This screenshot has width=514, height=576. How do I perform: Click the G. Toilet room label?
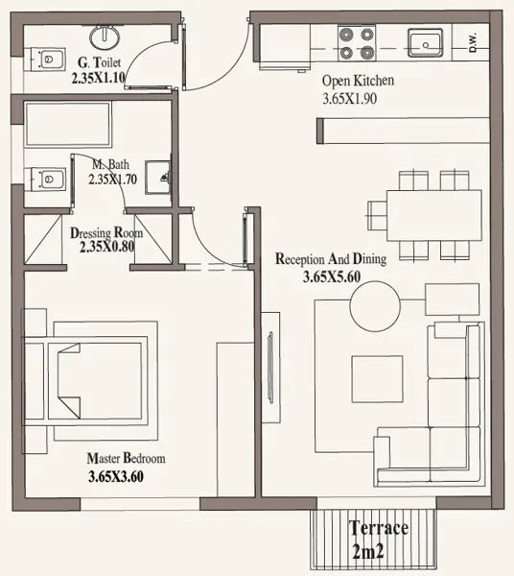99,62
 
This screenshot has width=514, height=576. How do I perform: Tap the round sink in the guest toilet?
105,36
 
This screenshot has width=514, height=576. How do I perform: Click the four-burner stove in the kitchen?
357,44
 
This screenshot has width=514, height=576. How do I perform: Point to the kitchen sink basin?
425,43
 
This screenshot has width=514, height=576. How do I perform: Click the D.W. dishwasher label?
473,42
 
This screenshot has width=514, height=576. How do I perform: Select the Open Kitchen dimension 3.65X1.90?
350,99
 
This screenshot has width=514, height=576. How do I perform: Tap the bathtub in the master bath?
68,124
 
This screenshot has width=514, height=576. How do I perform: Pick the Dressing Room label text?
106,233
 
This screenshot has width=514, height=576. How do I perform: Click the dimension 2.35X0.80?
107,247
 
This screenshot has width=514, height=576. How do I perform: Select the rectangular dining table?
434,215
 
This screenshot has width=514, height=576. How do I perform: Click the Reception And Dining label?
331,258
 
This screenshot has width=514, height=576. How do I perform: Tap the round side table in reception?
375,306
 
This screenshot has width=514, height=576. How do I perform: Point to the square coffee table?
377,379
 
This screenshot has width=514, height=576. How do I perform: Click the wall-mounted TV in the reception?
270,368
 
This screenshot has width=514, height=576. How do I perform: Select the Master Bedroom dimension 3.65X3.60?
116,476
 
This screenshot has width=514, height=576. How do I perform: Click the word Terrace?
379,528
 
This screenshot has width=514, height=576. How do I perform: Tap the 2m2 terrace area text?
368,551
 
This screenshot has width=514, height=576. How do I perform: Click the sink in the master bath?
158,178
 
